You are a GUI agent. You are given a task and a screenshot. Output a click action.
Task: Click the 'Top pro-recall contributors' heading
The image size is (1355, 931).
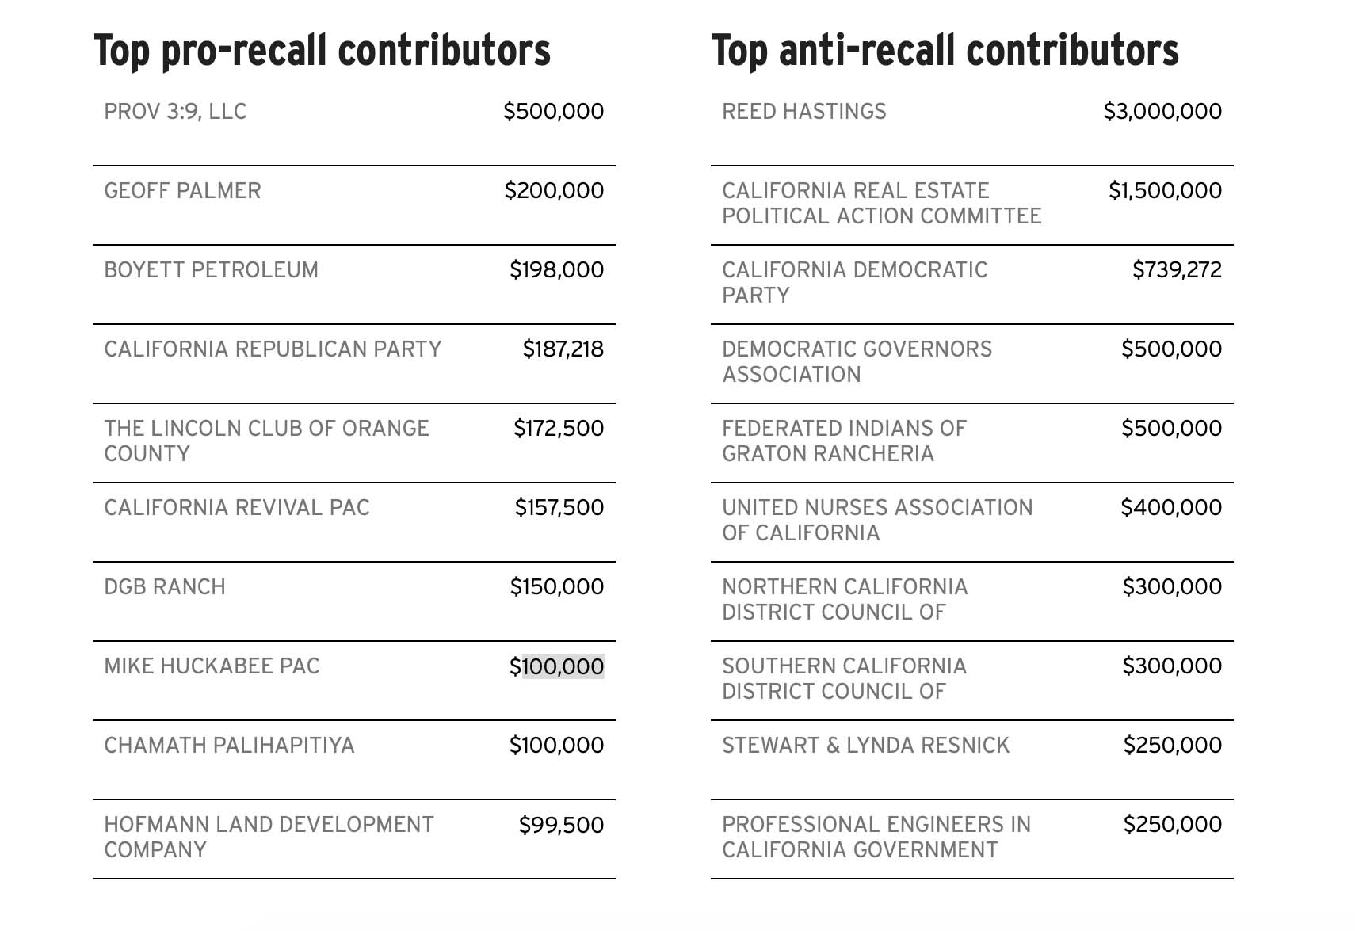point(322,50)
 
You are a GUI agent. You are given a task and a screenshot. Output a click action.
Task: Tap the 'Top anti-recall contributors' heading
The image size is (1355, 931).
point(945,50)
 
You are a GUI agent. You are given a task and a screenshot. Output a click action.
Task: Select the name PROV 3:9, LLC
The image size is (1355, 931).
point(175,112)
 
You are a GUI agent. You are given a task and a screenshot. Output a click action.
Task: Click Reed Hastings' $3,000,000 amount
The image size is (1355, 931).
point(1162,112)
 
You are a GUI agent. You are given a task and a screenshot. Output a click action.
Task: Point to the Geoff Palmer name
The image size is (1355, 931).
point(182,191)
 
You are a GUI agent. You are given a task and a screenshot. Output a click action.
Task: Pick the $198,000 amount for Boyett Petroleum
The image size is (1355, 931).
point(556,270)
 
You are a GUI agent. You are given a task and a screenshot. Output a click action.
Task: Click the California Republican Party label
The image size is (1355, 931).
point(273,349)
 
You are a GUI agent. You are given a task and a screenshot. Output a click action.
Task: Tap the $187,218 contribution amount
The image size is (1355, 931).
point(563,349)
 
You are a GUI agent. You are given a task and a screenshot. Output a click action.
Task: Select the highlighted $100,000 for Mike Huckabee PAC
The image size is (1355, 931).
point(556,666)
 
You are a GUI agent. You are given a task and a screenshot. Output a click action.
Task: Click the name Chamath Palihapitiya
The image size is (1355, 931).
point(229,746)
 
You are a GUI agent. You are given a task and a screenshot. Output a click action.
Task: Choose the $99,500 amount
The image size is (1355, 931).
point(561,825)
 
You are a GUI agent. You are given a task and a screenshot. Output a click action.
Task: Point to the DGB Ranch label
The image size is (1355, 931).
point(165,587)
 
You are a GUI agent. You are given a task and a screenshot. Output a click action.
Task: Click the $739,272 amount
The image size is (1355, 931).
point(1177,270)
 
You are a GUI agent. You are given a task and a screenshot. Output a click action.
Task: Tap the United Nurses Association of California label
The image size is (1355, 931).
point(877,520)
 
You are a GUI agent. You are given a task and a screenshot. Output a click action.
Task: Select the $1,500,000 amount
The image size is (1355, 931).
point(1165,191)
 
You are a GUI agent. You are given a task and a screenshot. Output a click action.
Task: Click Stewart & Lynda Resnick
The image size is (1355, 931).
point(865,746)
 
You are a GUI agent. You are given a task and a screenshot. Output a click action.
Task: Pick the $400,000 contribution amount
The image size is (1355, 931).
point(1171,508)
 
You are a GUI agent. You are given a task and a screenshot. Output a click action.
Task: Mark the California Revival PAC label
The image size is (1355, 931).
point(237,508)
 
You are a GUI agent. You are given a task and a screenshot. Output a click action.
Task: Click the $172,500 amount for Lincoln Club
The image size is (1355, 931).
point(559,429)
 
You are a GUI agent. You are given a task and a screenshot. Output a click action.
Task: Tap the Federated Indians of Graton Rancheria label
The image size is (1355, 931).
point(844,441)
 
